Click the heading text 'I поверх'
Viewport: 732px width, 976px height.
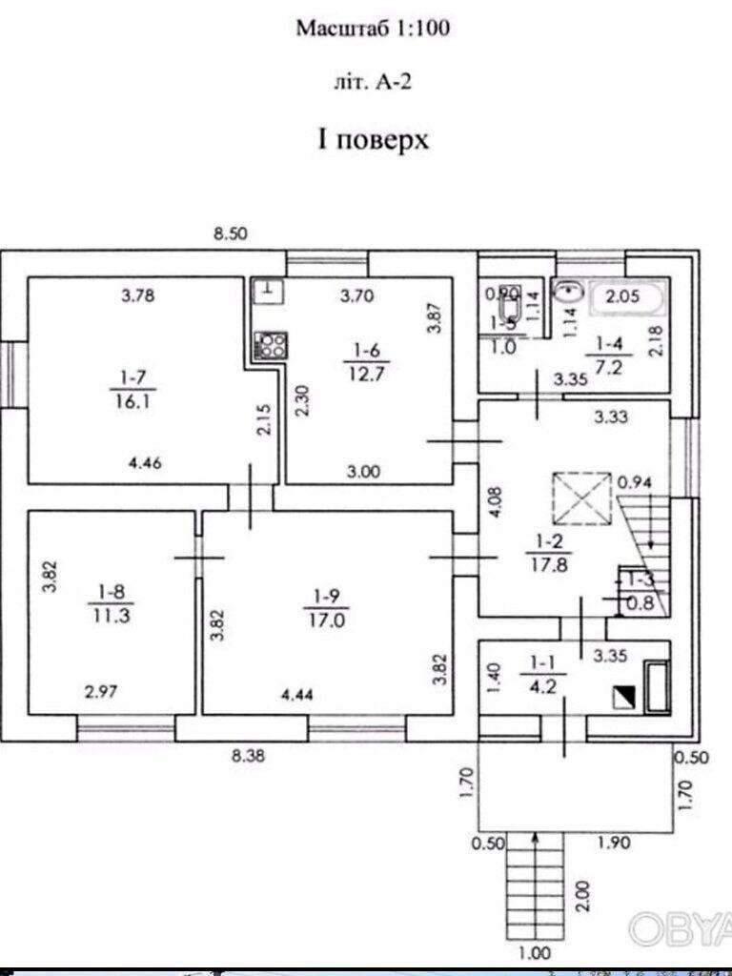coord(373,141)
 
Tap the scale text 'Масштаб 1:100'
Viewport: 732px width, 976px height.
coord(372,30)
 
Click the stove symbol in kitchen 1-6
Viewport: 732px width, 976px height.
coord(270,344)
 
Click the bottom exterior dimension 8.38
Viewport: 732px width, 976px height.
coord(249,758)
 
